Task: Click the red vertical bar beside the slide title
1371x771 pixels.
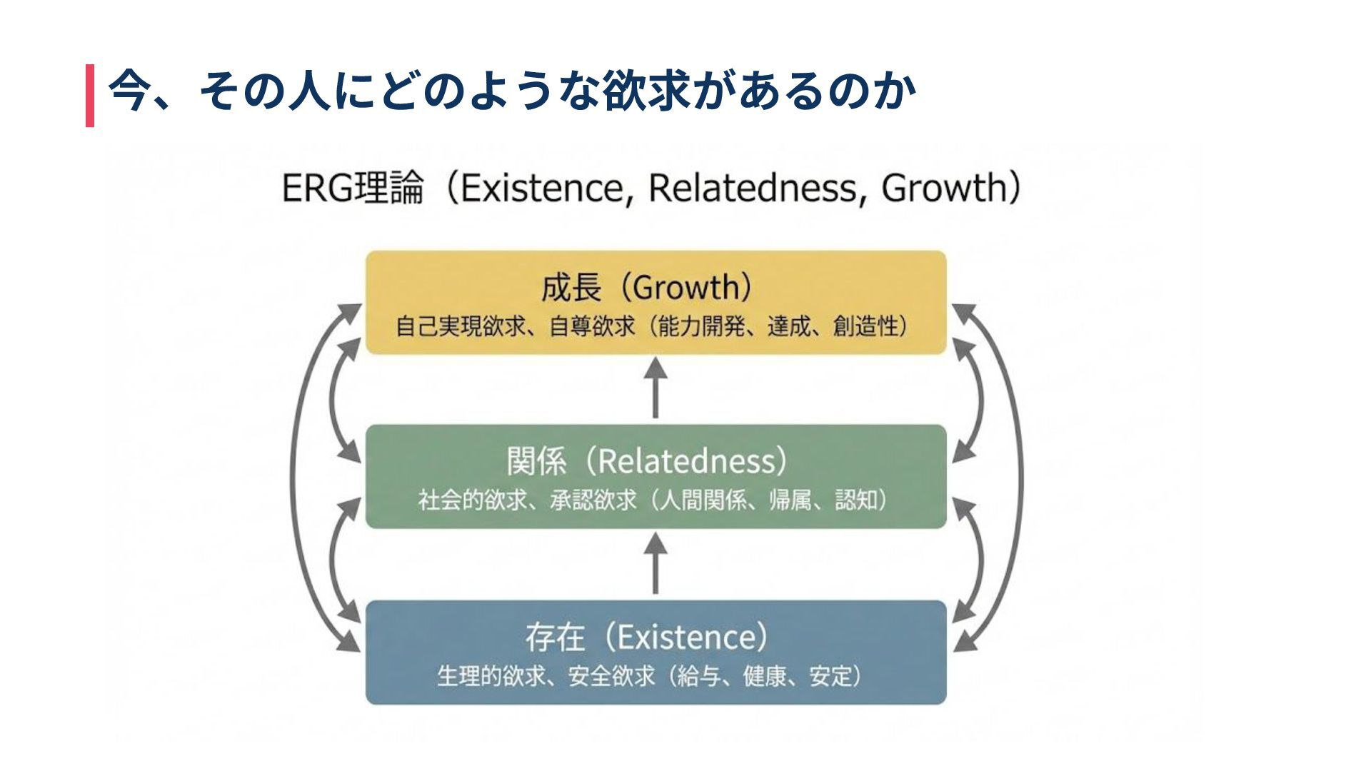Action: point(90,95)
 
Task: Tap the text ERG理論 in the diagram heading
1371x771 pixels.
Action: point(353,188)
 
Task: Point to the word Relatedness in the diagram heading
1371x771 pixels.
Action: point(757,188)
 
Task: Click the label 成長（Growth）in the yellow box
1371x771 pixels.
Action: point(647,288)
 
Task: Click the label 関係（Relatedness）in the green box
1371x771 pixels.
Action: point(647,461)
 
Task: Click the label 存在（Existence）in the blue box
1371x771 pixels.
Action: point(647,637)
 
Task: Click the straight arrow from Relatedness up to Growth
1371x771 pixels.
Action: point(656,389)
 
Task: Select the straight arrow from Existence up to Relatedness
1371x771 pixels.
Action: point(656,564)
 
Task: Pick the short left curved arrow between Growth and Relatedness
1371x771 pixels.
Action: point(332,400)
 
